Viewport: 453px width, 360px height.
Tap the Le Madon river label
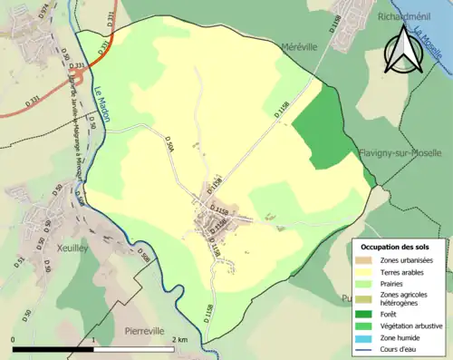pyautogui.click(x=101, y=100)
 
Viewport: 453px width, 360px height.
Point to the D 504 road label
pyautogui.click(x=169, y=145)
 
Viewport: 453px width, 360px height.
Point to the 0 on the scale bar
pyautogui.click(x=14, y=339)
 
